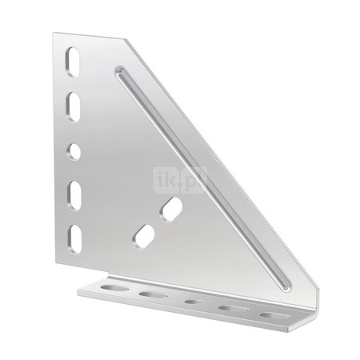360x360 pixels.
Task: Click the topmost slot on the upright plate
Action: click(x=73, y=62)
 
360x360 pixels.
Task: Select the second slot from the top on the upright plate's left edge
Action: click(x=74, y=107)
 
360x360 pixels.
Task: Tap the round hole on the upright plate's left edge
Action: click(x=74, y=152)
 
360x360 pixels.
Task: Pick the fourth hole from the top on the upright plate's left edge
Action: click(x=74, y=196)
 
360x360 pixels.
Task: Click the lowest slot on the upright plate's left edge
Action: click(x=74, y=239)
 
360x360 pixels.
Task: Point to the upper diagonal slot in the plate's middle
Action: click(x=171, y=210)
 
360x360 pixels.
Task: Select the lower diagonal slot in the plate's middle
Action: click(x=143, y=237)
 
